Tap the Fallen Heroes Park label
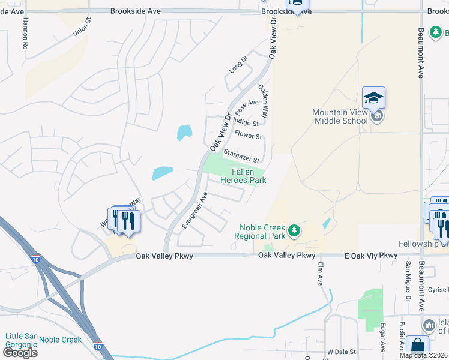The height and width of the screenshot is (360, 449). pos(243,175)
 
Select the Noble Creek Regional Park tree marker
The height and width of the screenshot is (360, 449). pos(294,230)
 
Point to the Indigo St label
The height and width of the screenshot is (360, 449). pos(246,123)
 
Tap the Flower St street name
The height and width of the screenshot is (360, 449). pos(249,136)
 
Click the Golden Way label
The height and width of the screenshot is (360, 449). pos(265,96)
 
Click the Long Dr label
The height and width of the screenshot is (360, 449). pos(238,65)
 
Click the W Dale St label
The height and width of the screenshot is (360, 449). pos(342,352)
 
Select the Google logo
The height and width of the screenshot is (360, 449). pos(20,353)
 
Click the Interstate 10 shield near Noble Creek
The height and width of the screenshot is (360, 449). pos(97,346)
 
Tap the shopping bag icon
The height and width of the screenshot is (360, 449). pos(417,347)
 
